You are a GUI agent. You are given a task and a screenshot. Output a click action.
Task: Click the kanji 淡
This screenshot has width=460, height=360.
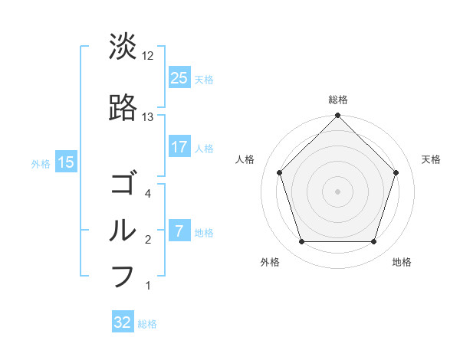pyautogui.click(x=123, y=47)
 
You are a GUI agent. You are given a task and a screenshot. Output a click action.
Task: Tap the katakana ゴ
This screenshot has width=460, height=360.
pyautogui.click(x=123, y=185)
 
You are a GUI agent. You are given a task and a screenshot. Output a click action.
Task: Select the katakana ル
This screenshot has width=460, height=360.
pyautogui.click(x=123, y=230)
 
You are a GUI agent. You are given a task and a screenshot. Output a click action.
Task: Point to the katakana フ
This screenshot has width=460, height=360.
pyautogui.click(x=123, y=276)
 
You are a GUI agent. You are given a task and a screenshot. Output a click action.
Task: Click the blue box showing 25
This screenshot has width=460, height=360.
pyautogui.click(x=179, y=78)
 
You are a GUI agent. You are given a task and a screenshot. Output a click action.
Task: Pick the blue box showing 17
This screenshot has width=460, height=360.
pyautogui.click(x=179, y=147)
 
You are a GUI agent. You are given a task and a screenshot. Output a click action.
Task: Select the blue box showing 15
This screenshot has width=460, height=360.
pyautogui.click(x=65, y=162)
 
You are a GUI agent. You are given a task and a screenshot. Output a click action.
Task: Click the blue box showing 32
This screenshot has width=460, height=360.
pyautogui.click(x=123, y=322)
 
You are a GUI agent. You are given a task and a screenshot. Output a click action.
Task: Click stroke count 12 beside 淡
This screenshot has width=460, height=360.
pyautogui.click(x=148, y=56)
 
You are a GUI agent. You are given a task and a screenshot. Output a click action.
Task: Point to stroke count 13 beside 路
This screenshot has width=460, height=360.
pyautogui.click(x=148, y=117)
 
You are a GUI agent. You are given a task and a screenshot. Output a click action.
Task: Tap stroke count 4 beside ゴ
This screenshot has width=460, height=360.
pyautogui.click(x=147, y=194)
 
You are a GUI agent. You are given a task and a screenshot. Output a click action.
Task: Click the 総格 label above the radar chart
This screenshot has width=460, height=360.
pyautogui.click(x=338, y=100)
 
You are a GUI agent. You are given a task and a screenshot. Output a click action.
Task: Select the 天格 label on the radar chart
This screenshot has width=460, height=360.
pyautogui.click(x=432, y=159)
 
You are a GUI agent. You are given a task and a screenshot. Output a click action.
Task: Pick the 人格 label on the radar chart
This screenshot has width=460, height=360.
pyautogui.click(x=245, y=159)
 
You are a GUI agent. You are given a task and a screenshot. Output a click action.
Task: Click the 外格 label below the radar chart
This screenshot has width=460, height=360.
pyautogui.click(x=270, y=263)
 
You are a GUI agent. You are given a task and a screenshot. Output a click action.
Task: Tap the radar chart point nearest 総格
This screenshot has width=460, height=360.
pyautogui.click(x=338, y=116)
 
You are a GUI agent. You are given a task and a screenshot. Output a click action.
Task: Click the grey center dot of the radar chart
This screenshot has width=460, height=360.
pyautogui.click(x=338, y=191)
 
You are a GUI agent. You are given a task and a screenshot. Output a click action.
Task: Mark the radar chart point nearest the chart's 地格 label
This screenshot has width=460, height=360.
pyautogui.click(x=374, y=242)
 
